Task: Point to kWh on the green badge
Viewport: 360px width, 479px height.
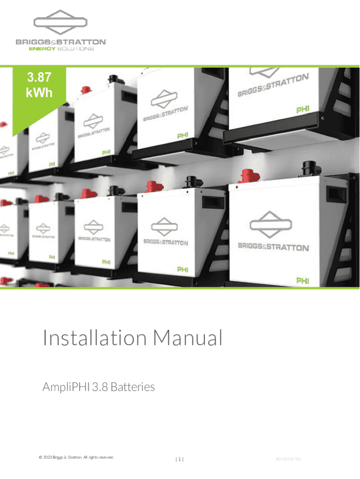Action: point(39,92)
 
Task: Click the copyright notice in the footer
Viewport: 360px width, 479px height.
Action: point(77,457)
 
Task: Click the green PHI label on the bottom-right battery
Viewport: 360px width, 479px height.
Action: point(302,280)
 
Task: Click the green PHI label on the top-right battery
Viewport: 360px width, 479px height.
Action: point(302,109)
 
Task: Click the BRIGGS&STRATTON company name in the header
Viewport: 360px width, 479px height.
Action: point(61,42)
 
